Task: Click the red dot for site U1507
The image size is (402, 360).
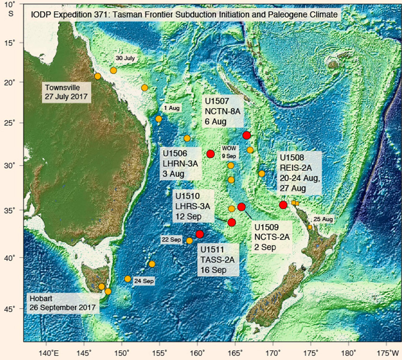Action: pos(247,136)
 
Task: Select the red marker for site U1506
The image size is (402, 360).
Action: pos(211,154)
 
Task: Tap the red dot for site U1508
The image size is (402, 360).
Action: pos(283,205)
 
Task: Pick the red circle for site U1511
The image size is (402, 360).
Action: pos(200,234)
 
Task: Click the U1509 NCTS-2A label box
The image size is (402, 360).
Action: pos(272,236)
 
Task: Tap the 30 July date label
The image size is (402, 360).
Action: pos(125,59)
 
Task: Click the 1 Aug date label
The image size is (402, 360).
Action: pos(171,108)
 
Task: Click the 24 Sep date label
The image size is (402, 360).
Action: pos(144,281)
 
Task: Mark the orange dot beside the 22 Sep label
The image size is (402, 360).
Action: pos(189,241)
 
